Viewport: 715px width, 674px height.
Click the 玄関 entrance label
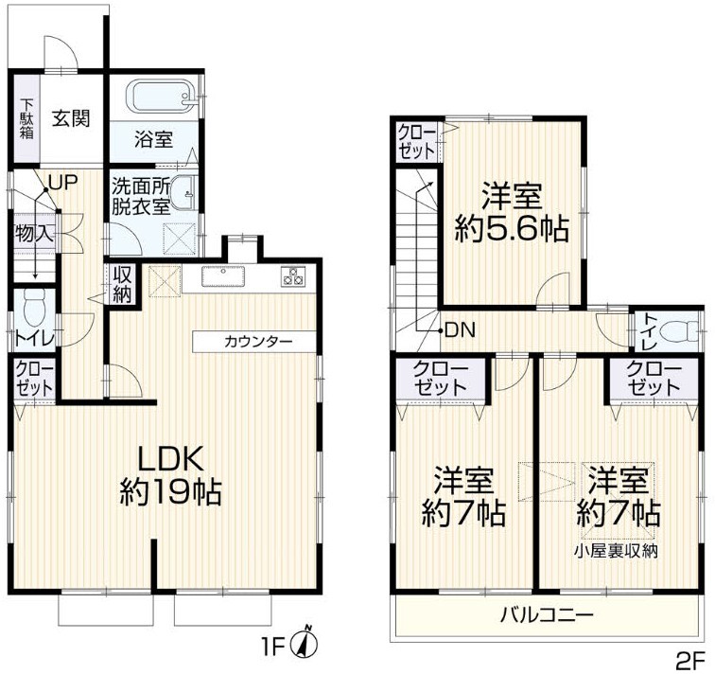[x=71, y=118]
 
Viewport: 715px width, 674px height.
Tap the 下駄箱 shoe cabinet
[x=26, y=118]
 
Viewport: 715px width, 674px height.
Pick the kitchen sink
[x=223, y=276]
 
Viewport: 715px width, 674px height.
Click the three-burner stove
[x=292, y=276]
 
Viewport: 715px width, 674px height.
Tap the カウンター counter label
[x=257, y=342]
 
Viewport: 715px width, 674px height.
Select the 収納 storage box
[x=123, y=285]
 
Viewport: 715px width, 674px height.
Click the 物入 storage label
[x=34, y=234]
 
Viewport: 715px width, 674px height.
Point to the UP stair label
[x=63, y=183]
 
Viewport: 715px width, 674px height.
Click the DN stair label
[x=460, y=329]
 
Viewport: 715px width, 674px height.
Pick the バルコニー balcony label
[x=548, y=615]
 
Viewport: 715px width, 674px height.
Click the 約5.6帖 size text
[x=512, y=229]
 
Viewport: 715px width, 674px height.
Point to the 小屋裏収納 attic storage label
[x=616, y=552]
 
